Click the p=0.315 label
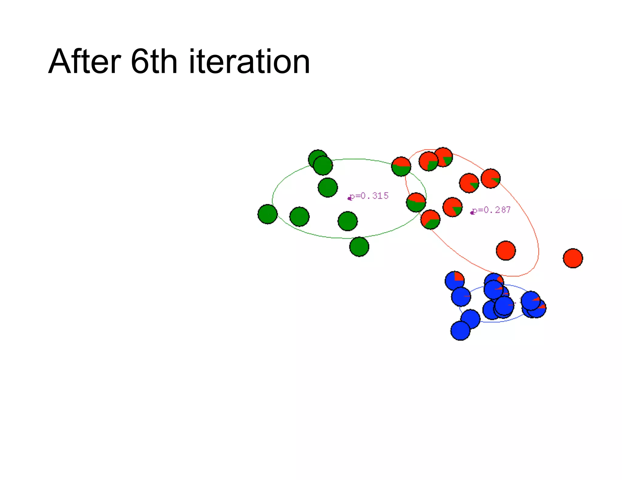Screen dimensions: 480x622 369,196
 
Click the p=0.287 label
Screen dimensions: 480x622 492,210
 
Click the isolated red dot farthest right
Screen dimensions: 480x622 573,258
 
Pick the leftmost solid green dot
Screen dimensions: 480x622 268,214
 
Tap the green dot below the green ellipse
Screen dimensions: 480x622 359,247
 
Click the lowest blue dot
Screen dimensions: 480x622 460,330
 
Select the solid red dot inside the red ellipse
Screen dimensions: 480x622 506,251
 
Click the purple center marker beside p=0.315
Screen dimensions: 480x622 349,198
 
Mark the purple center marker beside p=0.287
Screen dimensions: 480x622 472,213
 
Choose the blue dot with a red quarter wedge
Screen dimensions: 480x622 455,281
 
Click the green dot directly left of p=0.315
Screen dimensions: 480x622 328,188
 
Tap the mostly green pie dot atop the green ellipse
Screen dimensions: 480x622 401,167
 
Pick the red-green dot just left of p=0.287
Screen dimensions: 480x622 453,207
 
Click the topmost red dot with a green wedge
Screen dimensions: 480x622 443,157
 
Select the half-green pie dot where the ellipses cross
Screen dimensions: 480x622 416,202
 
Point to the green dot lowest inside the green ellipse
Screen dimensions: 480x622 348,221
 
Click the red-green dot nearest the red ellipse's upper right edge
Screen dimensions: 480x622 490,179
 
